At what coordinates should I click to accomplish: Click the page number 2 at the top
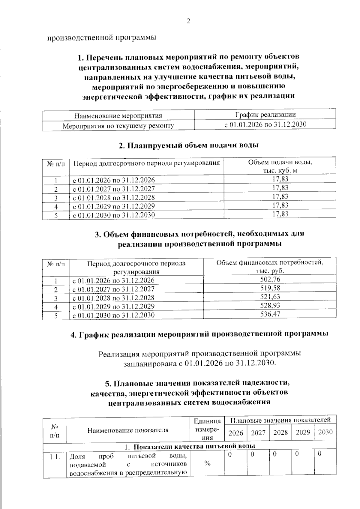coord(188,21)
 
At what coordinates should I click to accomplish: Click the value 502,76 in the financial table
coord(270,279)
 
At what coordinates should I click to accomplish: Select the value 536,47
coord(270,314)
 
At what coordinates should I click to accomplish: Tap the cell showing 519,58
coord(270,288)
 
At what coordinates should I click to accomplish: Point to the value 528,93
coord(270,305)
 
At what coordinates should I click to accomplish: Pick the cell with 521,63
coord(270,297)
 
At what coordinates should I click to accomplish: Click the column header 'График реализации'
coord(265,115)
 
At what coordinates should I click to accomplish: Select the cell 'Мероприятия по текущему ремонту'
coord(118,126)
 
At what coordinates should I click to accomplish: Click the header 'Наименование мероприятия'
coord(118,115)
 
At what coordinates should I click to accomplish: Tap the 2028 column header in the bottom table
coord(280,433)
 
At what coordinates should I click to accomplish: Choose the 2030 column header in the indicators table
coord(325,432)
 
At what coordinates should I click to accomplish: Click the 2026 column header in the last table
coord(236,433)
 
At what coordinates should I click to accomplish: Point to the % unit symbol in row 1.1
coord(207,463)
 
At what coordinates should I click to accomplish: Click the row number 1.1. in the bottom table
coord(55,457)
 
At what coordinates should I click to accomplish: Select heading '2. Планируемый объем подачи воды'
coord(189,145)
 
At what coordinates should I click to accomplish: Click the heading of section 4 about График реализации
coord(199,334)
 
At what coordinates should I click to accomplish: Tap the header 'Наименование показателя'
coord(128,430)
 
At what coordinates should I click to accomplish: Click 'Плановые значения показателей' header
coord(280,420)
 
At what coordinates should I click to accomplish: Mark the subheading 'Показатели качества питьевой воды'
coord(194,447)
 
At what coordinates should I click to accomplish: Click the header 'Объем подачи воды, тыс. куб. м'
coord(280,166)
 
